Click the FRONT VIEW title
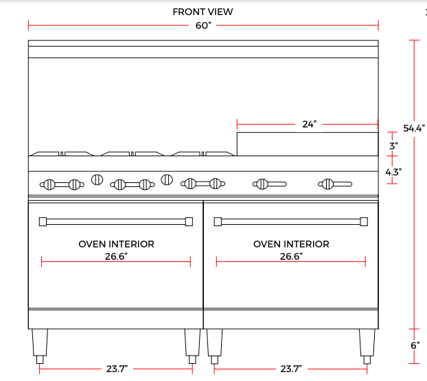pyautogui.click(x=203, y=12)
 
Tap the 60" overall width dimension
pyautogui.click(x=203, y=26)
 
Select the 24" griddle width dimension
pyautogui.click(x=309, y=125)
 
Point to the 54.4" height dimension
pyautogui.click(x=414, y=127)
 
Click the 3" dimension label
pyautogui.click(x=393, y=146)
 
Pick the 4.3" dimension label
pyautogui.click(x=393, y=172)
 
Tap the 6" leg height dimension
pyautogui.click(x=415, y=345)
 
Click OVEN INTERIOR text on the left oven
pyautogui.click(x=116, y=244)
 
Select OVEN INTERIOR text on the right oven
pyautogui.click(x=291, y=244)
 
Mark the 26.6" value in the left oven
pyautogui.click(x=116, y=256)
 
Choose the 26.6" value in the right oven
pyautogui.click(x=291, y=256)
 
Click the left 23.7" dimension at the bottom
pyautogui.click(x=116, y=369)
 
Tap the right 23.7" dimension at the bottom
pyautogui.click(x=291, y=369)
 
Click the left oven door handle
pyautogui.click(x=116, y=221)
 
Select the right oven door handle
pyautogui.click(x=291, y=221)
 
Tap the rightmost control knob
pyautogui.click(x=327, y=184)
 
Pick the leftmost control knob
pyautogui.click(x=49, y=184)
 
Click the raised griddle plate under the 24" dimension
pyautogui.click(x=308, y=143)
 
